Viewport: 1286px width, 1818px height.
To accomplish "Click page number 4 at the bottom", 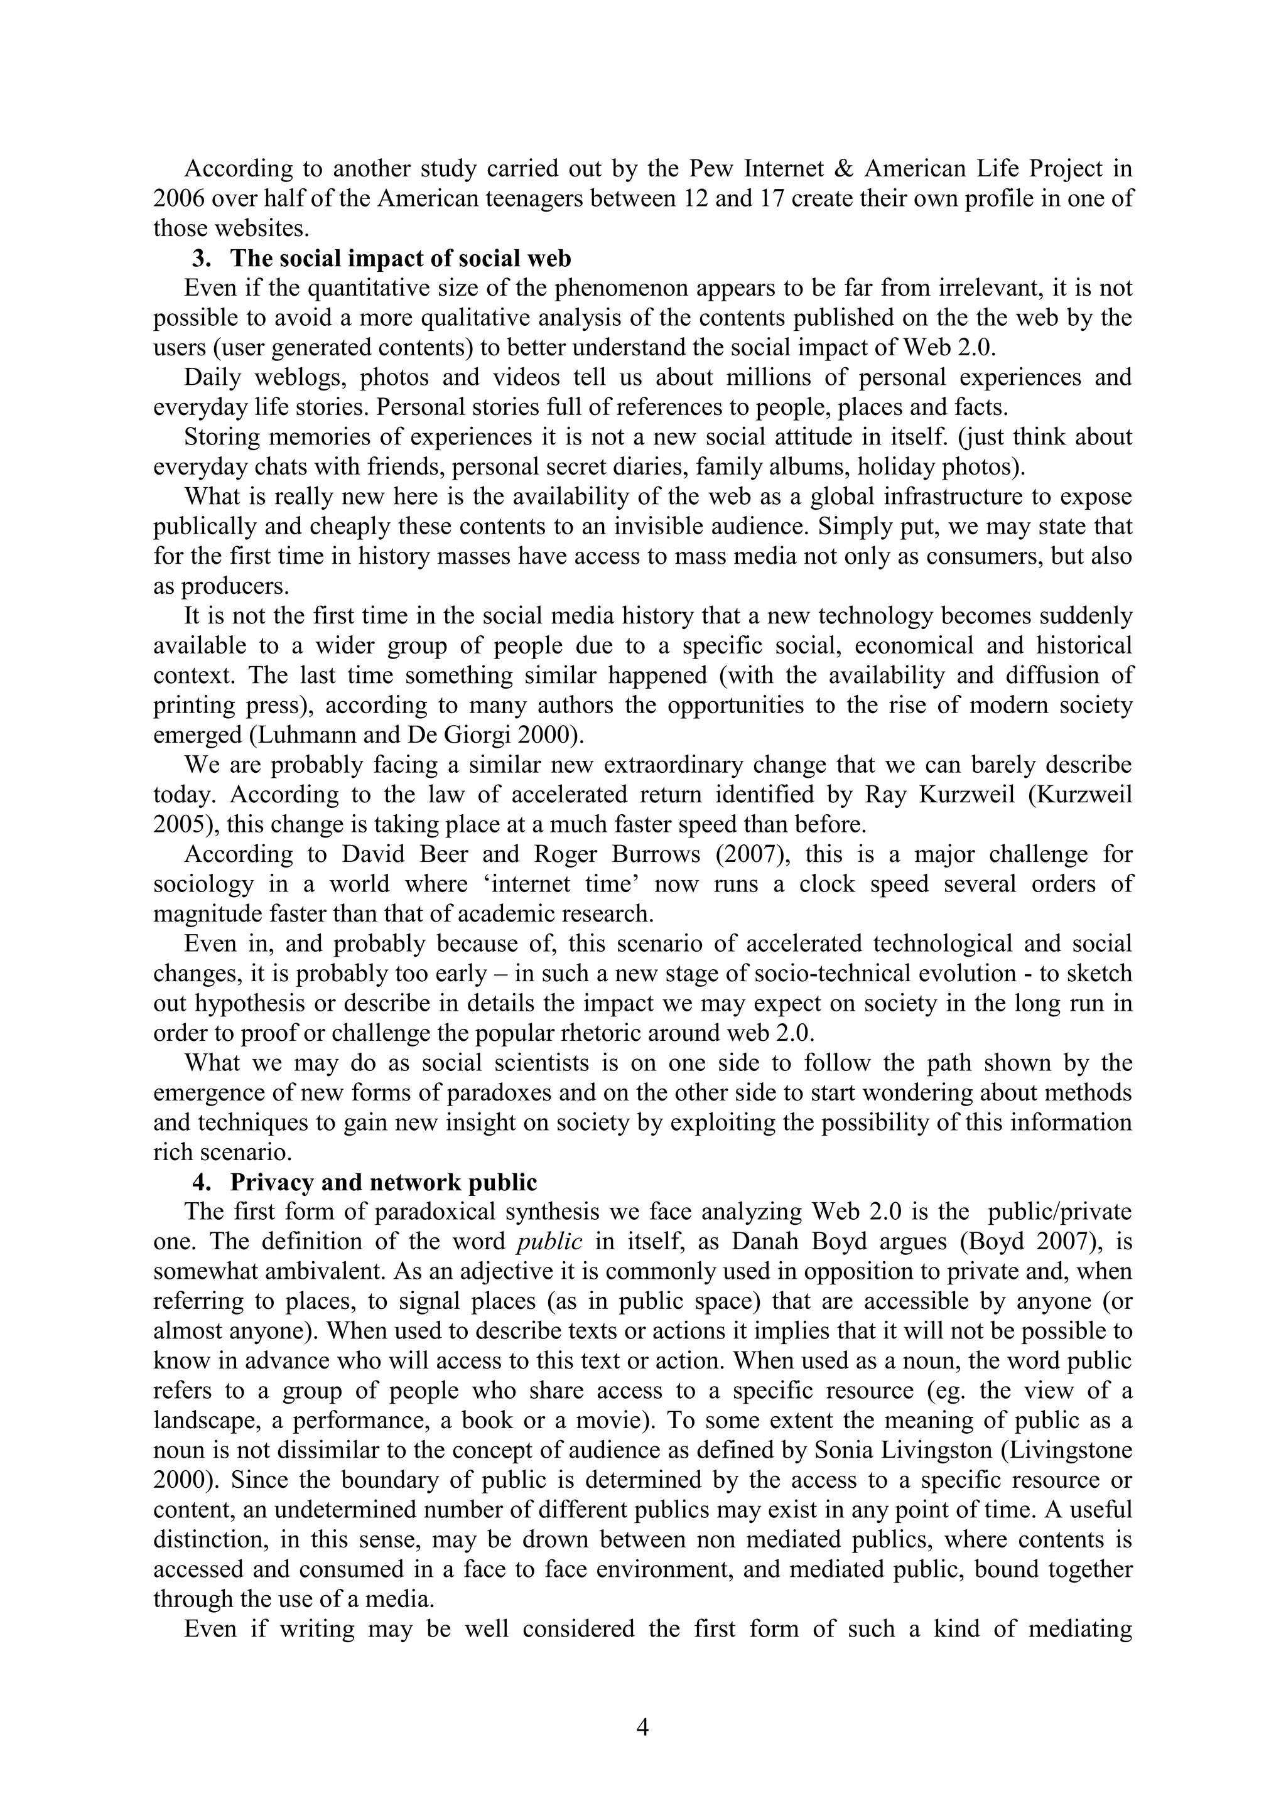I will [x=642, y=1727].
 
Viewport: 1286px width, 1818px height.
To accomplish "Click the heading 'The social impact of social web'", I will [x=401, y=258].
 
